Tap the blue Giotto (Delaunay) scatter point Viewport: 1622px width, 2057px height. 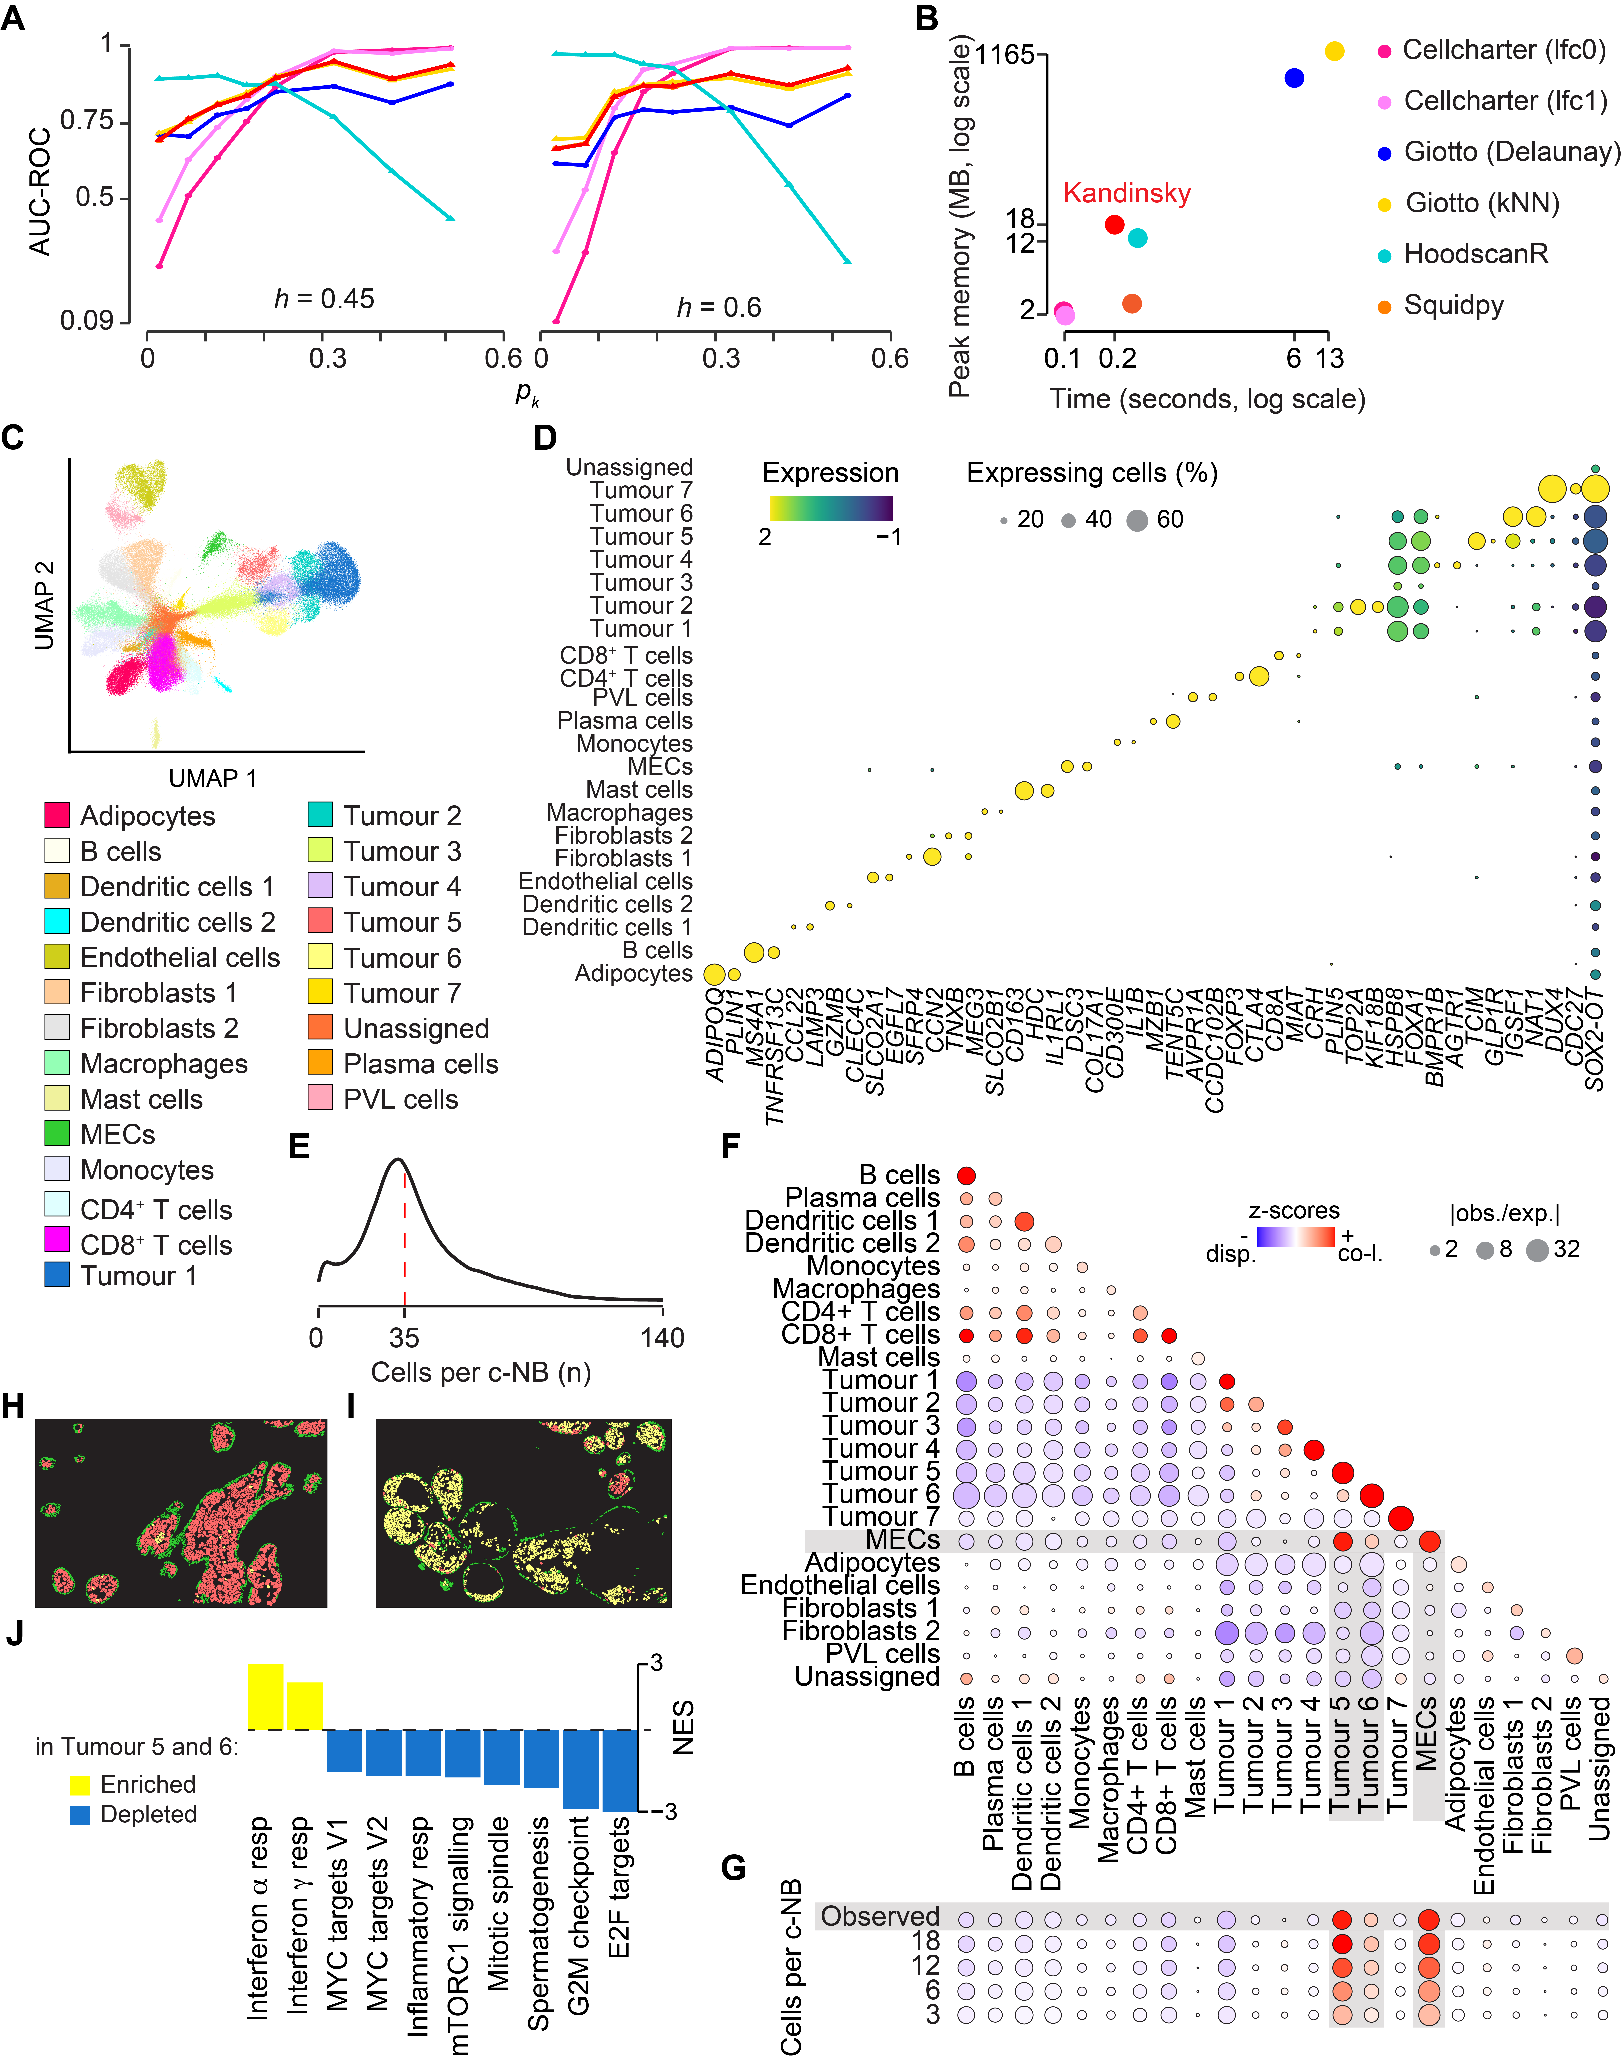tap(1293, 78)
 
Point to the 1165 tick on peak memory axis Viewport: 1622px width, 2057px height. tap(1005, 54)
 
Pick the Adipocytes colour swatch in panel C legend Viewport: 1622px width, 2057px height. tap(57, 815)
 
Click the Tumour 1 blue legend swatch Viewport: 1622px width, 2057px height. tap(57, 1274)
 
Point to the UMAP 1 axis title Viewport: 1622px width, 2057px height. tap(213, 779)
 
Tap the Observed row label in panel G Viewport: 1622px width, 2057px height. tap(879, 1915)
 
